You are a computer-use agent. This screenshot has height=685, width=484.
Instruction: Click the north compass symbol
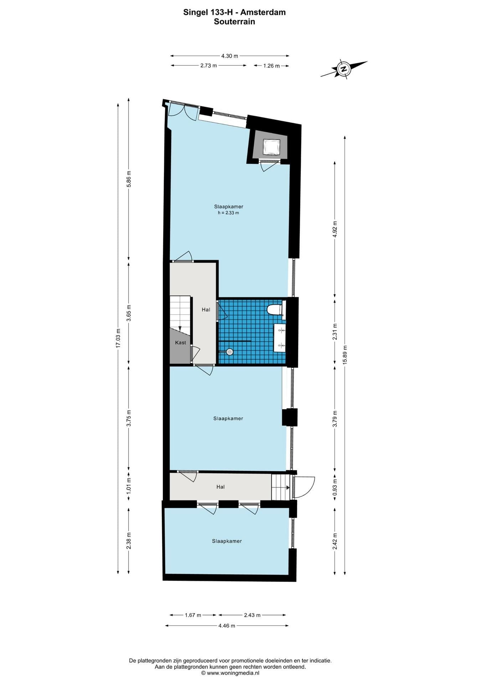coord(344,68)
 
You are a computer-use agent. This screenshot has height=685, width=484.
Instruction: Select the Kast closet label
coord(181,342)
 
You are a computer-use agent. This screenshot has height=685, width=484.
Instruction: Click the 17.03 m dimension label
coord(118,338)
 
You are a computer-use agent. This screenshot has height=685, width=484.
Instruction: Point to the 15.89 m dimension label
coord(345,355)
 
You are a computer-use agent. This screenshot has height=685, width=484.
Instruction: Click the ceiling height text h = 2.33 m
coord(228,213)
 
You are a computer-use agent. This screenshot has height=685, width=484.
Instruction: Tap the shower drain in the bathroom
coord(230,352)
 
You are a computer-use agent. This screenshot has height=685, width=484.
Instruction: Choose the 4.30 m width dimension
coord(230,56)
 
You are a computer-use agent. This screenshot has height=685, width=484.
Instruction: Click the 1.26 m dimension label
coord(272,66)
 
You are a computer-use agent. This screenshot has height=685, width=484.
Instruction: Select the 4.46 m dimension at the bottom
coord(227,625)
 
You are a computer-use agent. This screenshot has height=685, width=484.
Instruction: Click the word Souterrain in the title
coord(234,21)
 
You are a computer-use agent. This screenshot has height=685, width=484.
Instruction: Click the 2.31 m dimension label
coord(335,332)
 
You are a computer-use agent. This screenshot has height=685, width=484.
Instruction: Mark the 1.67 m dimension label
coord(193,615)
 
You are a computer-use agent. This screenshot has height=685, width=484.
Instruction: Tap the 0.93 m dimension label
coord(335,487)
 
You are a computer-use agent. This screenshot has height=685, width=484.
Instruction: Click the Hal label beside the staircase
coord(206,310)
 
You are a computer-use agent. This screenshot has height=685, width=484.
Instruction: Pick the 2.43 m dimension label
coord(252,615)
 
